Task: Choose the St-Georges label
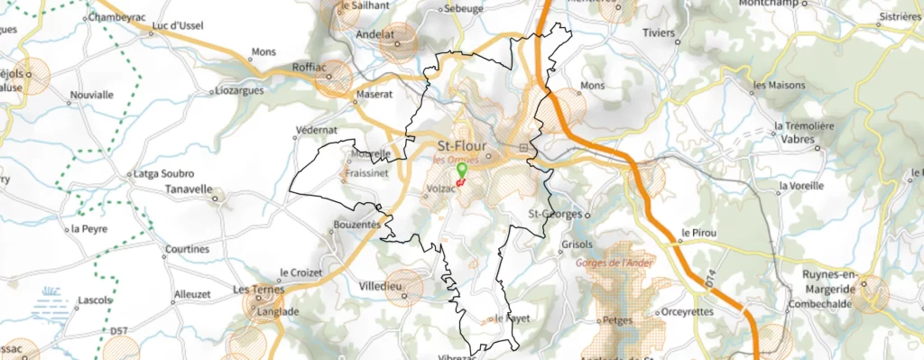[554, 215]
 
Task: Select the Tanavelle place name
[187, 190]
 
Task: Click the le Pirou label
[698, 233]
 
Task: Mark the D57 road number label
[119, 332]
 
